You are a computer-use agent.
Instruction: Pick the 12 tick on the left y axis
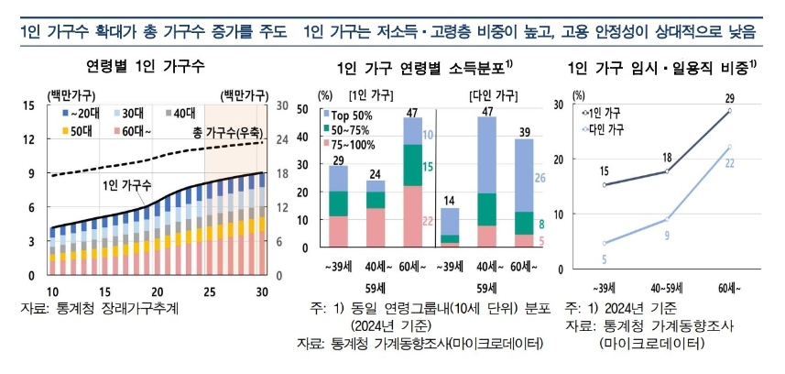coord(29,139)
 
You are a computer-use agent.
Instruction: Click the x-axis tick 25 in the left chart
coord(211,289)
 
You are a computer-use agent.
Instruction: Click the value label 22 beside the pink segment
coord(429,220)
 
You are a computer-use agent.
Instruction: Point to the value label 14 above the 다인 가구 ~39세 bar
coord(450,200)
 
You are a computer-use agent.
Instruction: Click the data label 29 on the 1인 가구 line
coord(729,97)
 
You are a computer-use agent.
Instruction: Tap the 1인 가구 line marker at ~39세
coord(605,185)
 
